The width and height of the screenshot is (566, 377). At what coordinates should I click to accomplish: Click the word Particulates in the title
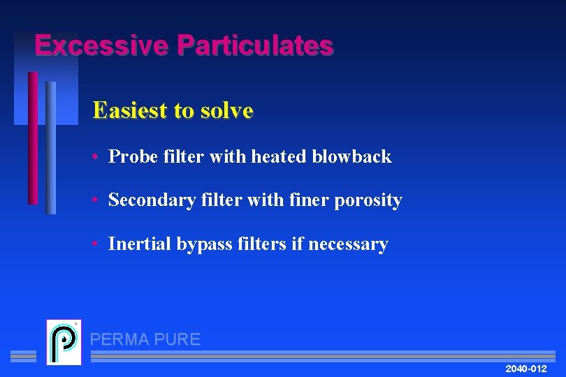(x=255, y=45)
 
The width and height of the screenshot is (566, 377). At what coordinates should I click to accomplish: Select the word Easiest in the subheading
(x=129, y=110)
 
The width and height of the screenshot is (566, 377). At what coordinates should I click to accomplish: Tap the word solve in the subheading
(x=228, y=110)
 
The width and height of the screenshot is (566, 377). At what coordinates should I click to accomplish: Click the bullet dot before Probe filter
(x=94, y=157)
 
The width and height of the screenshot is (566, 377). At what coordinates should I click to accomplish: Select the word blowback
(x=352, y=156)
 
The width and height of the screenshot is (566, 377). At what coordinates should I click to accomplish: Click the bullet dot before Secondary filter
(x=94, y=201)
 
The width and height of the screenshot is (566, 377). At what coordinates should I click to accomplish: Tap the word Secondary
(x=145, y=200)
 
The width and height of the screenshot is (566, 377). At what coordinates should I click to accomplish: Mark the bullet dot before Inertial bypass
(x=94, y=244)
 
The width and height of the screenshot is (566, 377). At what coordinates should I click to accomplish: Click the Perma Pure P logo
(x=64, y=342)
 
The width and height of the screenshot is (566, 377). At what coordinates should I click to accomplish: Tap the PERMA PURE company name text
(x=145, y=340)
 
